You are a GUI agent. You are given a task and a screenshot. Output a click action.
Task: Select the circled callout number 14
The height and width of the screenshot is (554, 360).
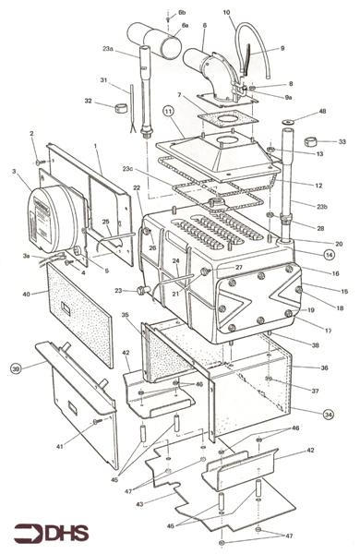point(330,252)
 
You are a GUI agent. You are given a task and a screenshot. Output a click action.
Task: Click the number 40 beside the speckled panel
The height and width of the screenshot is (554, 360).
point(27,295)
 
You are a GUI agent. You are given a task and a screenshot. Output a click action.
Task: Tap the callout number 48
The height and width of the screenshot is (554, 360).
point(322,111)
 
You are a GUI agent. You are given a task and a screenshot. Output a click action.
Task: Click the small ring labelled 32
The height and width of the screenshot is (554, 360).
point(118,107)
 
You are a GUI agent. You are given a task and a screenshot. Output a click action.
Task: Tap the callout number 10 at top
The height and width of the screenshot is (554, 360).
point(226,12)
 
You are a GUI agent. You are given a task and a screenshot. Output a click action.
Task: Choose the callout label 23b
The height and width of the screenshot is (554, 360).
point(321,208)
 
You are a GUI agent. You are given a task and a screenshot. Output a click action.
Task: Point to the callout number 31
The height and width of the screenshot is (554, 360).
point(104,79)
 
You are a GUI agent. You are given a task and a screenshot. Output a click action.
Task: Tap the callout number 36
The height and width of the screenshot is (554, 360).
point(324,367)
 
